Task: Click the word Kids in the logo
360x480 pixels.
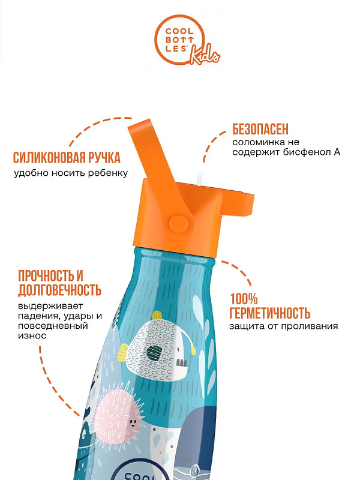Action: tap(205, 55)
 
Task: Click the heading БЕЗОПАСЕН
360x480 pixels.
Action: tap(260, 130)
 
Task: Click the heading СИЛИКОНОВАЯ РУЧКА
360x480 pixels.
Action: tap(67, 158)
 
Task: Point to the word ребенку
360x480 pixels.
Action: tap(108, 173)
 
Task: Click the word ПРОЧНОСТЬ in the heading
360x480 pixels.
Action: tap(47, 276)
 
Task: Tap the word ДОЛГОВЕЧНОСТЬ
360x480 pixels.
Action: tap(59, 290)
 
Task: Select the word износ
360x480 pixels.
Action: tap(32, 336)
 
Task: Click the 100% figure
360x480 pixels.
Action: tap(244, 299)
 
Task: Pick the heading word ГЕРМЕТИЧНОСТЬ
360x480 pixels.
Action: tap(269, 313)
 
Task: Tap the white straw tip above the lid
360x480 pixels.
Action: tap(200, 178)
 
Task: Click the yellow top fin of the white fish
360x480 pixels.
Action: tap(157, 316)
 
